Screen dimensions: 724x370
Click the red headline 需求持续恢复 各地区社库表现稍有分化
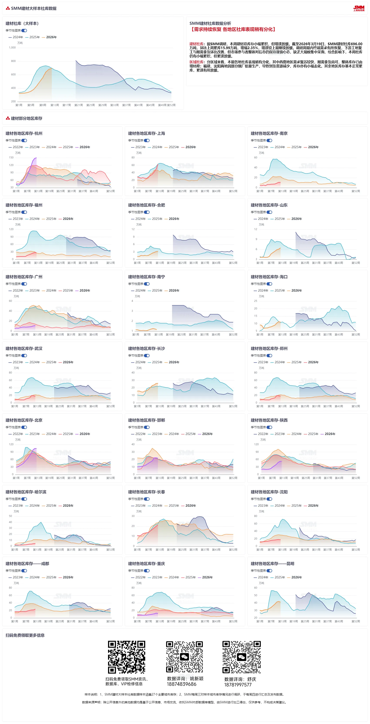click(x=233, y=30)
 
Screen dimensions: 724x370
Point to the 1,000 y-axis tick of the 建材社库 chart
click(x=12, y=48)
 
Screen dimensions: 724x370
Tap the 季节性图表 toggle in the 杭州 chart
click(x=25, y=141)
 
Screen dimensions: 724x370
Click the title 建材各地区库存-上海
click(x=147, y=133)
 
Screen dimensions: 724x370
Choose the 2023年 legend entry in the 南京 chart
click(x=261, y=147)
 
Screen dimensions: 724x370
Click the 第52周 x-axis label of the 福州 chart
click(x=110, y=263)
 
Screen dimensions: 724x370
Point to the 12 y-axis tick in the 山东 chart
click(x=256, y=229)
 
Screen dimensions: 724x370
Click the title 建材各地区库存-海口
click(x=269, y=277)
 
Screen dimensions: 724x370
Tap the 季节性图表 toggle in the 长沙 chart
click(x=147, y=355)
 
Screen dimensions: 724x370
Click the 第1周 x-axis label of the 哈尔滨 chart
click(x=15, y=550)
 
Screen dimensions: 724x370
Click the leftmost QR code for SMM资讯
click(x=127, y=657)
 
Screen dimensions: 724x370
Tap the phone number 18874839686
click(x=181, y=684)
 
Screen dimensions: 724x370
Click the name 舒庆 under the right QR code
click(x=252, y=679)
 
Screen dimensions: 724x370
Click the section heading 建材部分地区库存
click(x=27, y=118)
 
